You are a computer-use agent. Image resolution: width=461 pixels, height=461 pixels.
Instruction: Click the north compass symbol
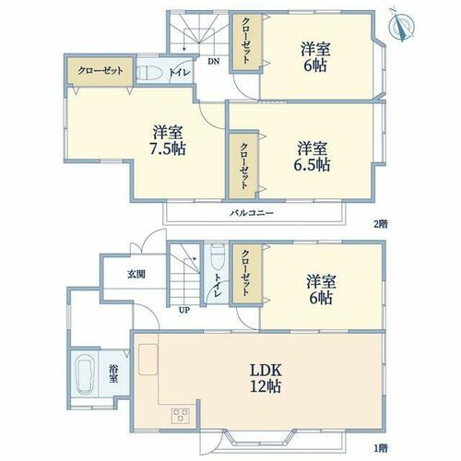coord(401,26)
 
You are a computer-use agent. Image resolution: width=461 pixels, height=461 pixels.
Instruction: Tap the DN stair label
coord(214,62)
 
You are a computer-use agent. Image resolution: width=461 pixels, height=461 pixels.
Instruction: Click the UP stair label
coord(184,310)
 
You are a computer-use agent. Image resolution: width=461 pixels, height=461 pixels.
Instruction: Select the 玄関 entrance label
coord(136,274)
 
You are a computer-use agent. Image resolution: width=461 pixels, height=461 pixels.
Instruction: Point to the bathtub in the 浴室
coord(85,374)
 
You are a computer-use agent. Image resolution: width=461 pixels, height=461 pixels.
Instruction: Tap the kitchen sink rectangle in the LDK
coord(148,360)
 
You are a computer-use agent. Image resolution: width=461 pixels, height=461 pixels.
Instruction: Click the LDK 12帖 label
coord(266,378)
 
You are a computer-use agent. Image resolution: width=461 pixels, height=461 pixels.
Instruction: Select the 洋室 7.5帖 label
coord(168,140)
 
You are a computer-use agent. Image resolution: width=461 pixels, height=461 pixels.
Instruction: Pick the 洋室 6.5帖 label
coord(312,157)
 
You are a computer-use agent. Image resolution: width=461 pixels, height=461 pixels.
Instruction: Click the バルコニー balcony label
coord(252,213)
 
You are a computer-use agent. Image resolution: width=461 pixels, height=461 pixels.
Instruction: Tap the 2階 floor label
coord(381,224)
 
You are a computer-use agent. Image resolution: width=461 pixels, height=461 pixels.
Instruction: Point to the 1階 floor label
coord(381,448)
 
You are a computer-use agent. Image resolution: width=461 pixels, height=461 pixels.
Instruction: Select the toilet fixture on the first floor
coord(218,257)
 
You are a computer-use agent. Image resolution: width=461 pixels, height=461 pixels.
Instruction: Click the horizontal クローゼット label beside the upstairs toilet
coord(100,71)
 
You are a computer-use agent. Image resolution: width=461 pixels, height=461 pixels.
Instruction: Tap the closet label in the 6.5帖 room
coord(243,166)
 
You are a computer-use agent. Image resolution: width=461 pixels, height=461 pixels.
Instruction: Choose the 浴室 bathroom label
coord(113,373)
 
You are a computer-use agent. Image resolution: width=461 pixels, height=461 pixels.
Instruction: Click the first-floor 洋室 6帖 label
coord(321,290)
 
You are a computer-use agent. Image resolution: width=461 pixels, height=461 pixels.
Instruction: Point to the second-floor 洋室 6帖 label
coord(315,57)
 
